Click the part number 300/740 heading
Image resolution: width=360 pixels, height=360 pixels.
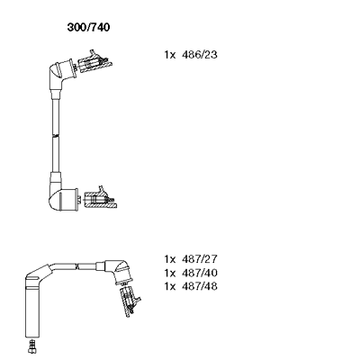tap(88, 27)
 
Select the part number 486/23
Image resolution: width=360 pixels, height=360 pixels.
tap(200, 55)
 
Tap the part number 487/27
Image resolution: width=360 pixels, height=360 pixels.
tap(200, 258)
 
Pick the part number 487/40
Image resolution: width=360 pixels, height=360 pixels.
tap(200, 273)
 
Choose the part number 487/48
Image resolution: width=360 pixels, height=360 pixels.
tap(200, 286)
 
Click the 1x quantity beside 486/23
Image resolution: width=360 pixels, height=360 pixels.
tap(169, 55)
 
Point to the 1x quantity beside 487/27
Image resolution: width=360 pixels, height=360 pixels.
tap(169, 258)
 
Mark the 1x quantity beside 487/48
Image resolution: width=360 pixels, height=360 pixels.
tap(169, 286)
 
